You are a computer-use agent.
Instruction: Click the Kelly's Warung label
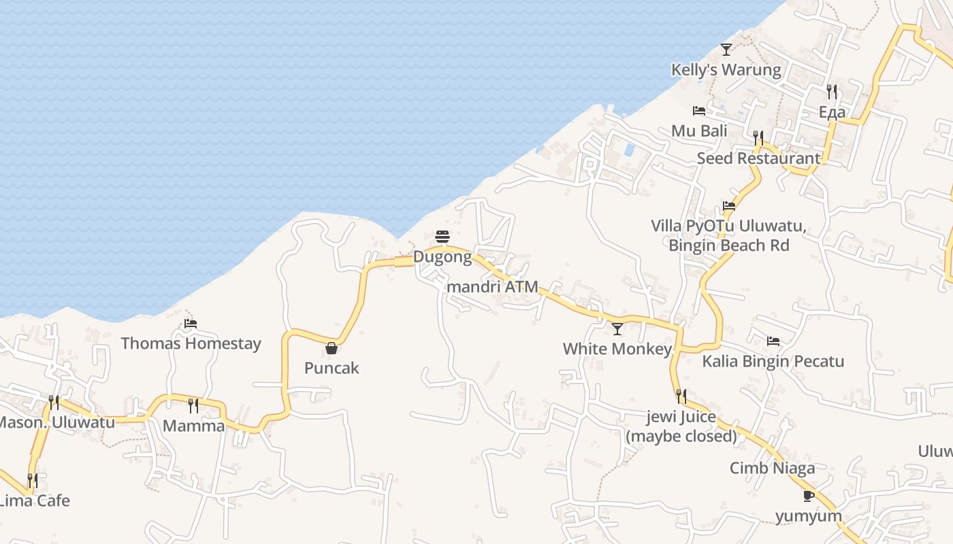[726, 69]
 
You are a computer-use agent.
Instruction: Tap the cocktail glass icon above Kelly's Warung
[726, 50]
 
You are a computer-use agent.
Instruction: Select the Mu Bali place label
[699, 131]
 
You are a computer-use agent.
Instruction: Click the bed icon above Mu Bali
[699, 111]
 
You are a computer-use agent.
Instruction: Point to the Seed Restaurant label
[758, 158]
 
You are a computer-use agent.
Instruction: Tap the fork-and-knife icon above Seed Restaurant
[758, 138]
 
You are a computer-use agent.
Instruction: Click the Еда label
[832, 112]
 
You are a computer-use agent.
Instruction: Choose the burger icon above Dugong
[442, 237]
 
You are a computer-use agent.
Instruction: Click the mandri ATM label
[492, 286]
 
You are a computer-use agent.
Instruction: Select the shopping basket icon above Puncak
[332, 348]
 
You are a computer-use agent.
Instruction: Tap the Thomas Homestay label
[191, 343]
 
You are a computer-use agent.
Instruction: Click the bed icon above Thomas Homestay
[191, 324]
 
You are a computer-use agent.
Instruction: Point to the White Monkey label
[617, 349]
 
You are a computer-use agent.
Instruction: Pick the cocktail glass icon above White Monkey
[617, 329]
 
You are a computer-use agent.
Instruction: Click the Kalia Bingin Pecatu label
[773, 361]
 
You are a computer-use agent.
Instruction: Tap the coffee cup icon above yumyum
[809, 496]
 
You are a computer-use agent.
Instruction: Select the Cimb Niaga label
[772, 468]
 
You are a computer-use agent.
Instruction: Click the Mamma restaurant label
[193, 426]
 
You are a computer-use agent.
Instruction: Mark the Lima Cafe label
[34, 500]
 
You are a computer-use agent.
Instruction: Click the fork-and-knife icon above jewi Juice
[681, 396]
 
